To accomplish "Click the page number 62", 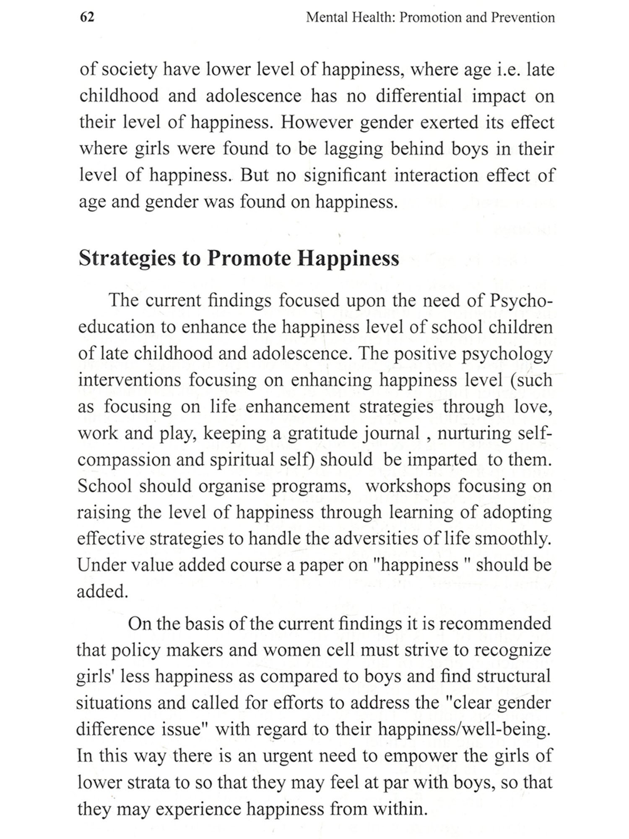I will (87, 17).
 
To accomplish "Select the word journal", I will (393, 433).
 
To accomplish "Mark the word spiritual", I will (242, 460).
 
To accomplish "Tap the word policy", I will (136, 651).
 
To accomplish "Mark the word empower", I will (421, 756).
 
